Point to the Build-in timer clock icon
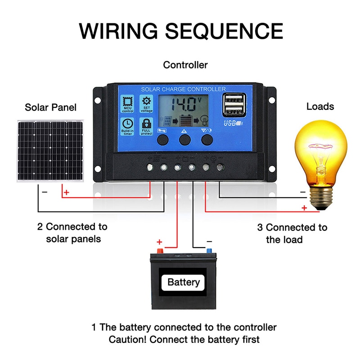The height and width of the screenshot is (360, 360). tap(127, 126)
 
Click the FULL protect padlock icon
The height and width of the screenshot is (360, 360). tap(146, 126)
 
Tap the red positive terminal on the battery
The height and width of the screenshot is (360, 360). tap(159, 250)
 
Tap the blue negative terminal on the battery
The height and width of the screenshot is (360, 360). tap(209, 250)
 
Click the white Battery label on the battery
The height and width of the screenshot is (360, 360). tap(183, 282)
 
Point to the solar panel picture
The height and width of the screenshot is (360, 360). tap(50, 151)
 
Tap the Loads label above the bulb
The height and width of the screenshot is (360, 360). tap(320, 107)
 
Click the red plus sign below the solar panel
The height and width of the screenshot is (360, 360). tap(67, 193)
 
